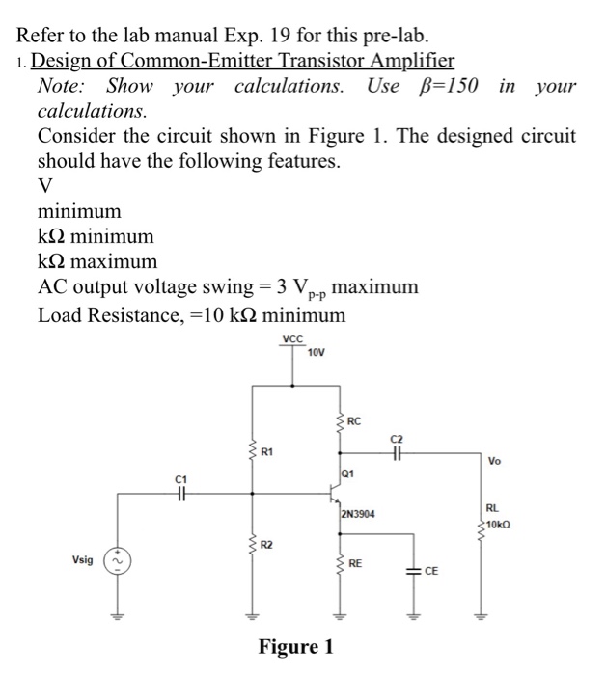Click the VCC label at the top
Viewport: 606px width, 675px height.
click(x=293, y=338)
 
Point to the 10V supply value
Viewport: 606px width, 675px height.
click(x=316, y=352)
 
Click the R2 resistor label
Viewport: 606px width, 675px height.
click(x=268, y=545)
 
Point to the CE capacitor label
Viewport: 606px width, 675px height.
click(x=431, y=571)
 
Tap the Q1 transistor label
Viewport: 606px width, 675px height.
click(x=349, y=473)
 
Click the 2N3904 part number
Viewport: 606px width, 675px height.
click(x=358, y=515)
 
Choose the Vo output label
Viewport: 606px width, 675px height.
click(x=494, y=461)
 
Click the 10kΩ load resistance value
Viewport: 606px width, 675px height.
click(x=499, y=524)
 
